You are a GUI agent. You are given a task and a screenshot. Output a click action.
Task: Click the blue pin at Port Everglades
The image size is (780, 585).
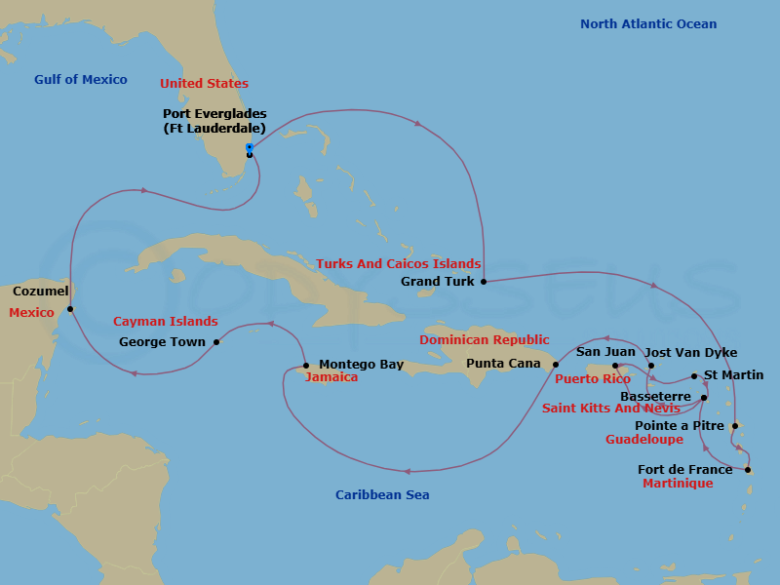pyautogui.click(x=250, y=148)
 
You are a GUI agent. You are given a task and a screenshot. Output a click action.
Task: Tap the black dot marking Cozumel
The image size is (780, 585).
pyautogui.click(x=70, y=309)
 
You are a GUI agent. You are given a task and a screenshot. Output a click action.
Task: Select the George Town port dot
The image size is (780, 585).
pyautogui.click(x=216, y=342)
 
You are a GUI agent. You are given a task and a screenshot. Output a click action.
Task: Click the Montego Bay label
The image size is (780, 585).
pyautogui.click(x=361, y=365)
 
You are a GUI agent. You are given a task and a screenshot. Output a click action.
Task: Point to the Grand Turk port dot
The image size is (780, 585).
pyautogui.click(x=484, y=282)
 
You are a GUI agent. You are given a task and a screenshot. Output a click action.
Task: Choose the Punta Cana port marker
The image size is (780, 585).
pyautogui.click(x=556, y=365)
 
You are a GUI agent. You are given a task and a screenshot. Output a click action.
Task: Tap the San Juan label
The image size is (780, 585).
pyautogui.click(x=605, y=352)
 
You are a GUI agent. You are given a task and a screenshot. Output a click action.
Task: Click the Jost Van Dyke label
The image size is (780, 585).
pyautogui.click(x=691, y=353)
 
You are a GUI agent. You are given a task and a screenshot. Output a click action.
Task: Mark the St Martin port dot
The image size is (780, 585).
pyautogui.click(x=694, y=376)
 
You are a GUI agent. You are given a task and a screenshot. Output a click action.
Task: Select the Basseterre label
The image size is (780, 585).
pyautogui.click(x=655, y=397)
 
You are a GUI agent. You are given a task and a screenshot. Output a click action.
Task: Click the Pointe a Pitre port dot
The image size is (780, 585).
pyautogui.click(x=734, y=426)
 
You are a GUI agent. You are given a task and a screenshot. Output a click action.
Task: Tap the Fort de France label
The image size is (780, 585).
pyautogui.click(x=684, y=470)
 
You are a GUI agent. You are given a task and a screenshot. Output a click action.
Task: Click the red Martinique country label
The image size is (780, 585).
pyautogui.click(x=678, y=484)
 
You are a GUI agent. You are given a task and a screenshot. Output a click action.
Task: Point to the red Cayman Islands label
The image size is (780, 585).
pyautogui.click(x=165, y=322)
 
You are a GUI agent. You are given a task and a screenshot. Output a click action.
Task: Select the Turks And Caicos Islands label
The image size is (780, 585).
pyautogui.click(x=398, y=264)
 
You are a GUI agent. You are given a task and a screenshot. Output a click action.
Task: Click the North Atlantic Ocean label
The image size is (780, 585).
pyautogui.click(x=647, y=24)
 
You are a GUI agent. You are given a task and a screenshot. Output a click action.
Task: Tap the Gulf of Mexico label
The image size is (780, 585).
pyautogui.click(x=80, y=80)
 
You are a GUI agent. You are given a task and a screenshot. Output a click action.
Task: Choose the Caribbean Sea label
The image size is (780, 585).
pyautogui.click(x=382, y=495)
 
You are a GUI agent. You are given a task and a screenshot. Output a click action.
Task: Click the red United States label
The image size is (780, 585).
pyautogui.click(x=204, y=84)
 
